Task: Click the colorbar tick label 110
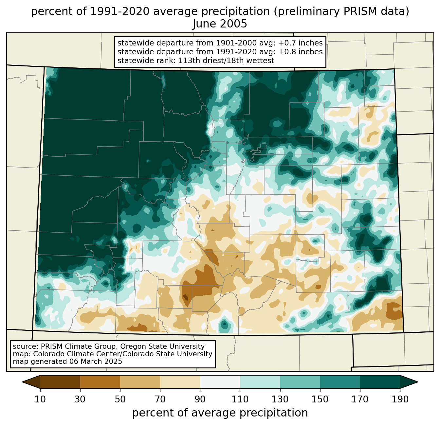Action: click(240, 399)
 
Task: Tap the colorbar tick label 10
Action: click(40, 399)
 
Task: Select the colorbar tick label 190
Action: click(400, 399)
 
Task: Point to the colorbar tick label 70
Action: click(160, 399)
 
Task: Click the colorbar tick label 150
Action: click(320, 399)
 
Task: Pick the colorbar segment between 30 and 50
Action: click(100, 382)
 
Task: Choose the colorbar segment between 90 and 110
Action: click(220, 382)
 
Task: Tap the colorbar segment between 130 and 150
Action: click(300, 382)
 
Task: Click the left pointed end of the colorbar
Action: click(22, 382)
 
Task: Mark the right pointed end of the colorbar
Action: click(418, 382)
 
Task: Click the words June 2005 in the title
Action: click(220, 24)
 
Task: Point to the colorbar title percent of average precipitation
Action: click(220, 413)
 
